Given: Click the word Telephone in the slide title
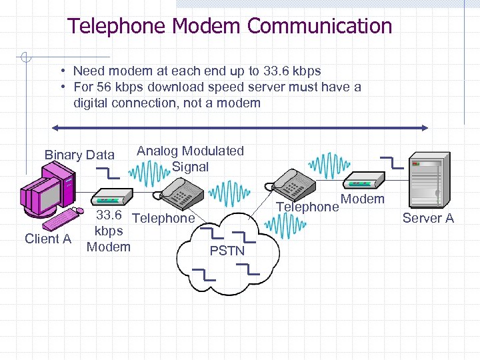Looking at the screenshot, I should click(117, 27).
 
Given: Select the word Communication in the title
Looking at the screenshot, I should click(319, 27).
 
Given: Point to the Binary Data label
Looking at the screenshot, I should click(79, 155).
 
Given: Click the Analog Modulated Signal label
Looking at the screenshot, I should click(190, 159).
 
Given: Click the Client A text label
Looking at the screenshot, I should click(48, 239).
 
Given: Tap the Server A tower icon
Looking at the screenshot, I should click(426, 179).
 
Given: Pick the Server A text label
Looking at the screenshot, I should click(428, 218).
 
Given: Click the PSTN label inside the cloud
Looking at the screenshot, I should click(227, 251).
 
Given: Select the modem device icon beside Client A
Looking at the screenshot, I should click(108, 198).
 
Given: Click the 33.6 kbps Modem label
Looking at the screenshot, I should click(109, 231).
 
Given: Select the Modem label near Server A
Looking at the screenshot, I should click(363, 199).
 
